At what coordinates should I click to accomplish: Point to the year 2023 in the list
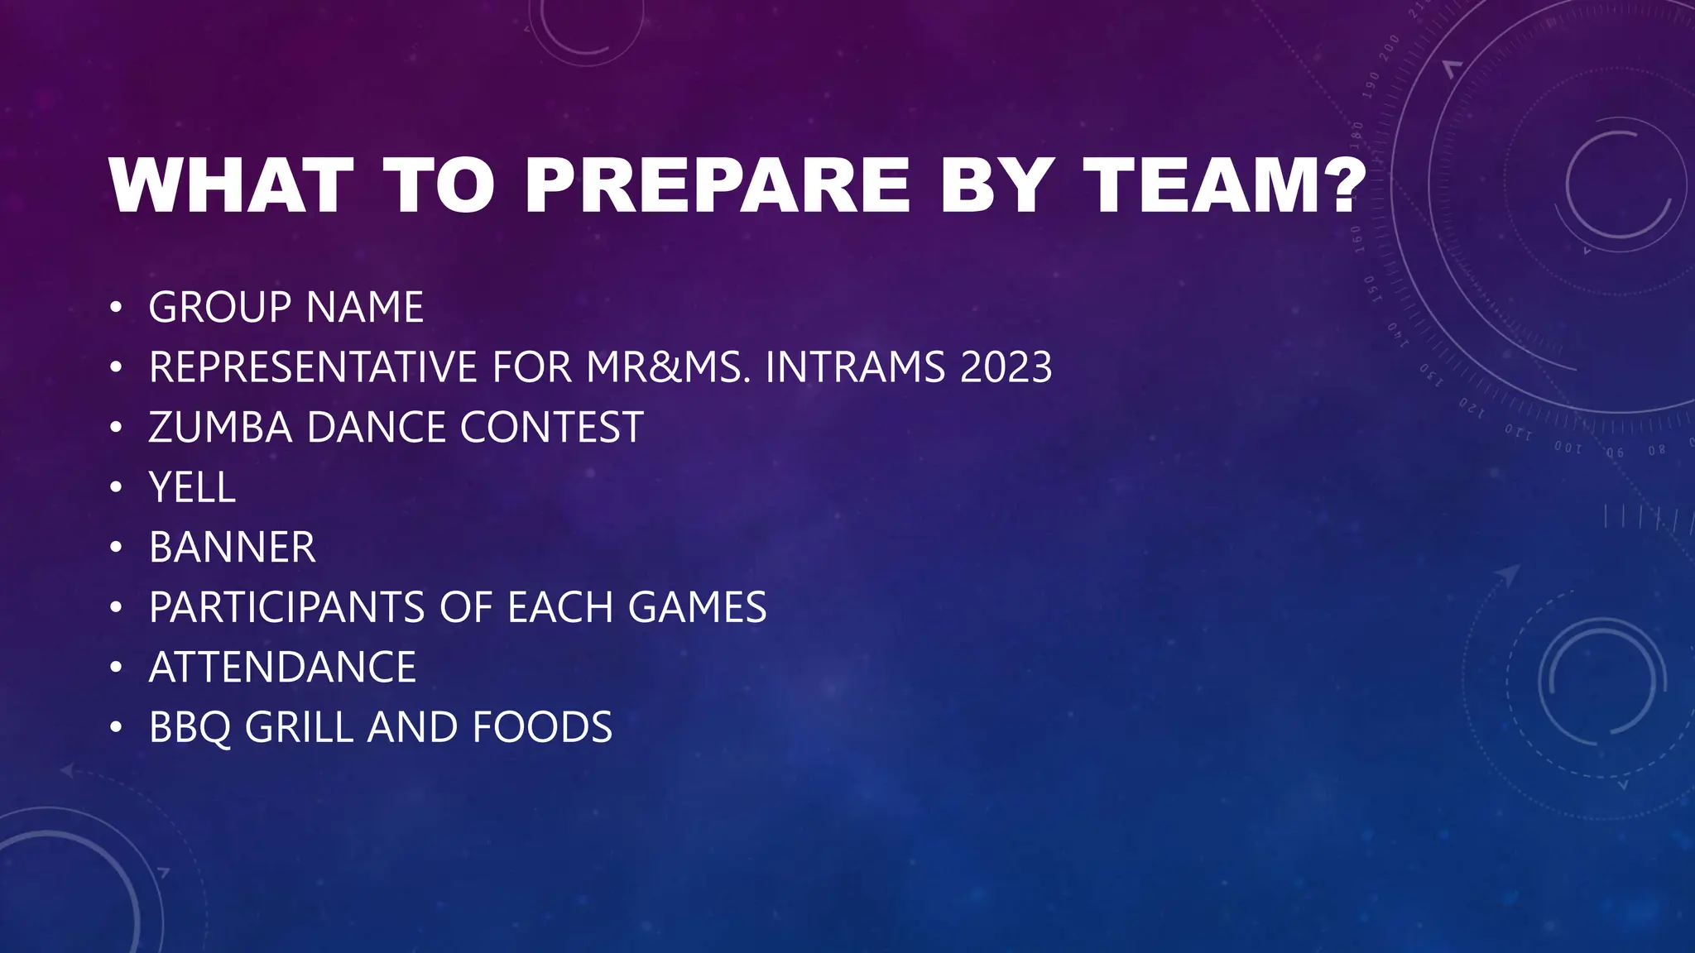click(1006, 367)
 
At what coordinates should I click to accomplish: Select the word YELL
click(192, 487)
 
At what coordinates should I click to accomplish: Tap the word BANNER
click(232, 548)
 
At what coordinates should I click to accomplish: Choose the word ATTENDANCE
click(282, 668)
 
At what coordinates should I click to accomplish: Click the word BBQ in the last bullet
click(190, 728)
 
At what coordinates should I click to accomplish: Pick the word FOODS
click(542, 728)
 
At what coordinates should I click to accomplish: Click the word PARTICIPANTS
click(286, 607)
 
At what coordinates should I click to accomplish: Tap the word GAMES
click(697, 607)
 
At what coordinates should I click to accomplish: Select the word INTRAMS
click(855, 367)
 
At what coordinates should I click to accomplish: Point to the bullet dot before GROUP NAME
click(116, 309)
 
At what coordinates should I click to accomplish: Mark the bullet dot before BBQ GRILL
click(116, 729)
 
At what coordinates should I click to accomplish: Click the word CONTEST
click(551, 428)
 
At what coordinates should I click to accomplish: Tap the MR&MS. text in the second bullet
click(669, 367)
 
